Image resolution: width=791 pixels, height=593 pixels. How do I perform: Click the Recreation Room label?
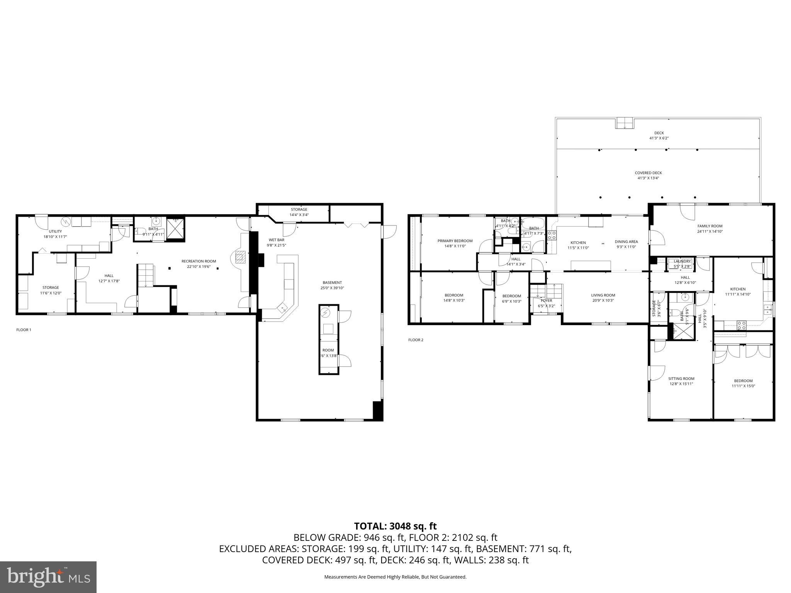(199, 261)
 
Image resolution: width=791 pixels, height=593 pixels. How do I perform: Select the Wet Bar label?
(276, 240)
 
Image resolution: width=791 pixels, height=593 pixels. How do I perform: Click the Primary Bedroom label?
(455, 241)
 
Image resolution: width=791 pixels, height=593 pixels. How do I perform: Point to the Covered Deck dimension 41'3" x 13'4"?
(648, 178)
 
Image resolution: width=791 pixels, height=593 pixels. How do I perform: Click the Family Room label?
(710, 226)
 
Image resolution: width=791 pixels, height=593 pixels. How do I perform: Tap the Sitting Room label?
(681, 379)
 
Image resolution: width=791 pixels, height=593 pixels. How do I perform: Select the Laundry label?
(682, 261)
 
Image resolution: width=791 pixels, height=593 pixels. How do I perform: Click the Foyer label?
(546, 300)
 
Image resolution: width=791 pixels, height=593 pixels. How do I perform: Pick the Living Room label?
(603, 295)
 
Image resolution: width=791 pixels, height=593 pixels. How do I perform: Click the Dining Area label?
(626, 242)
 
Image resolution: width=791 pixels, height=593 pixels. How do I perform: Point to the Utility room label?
(55, 231)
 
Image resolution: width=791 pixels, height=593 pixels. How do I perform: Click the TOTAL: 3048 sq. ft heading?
(395, 526)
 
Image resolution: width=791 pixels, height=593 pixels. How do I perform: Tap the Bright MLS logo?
(48, 577)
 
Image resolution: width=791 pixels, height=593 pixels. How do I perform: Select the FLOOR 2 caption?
(416, 340)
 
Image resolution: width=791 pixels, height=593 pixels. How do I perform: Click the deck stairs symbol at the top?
(625, 123)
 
